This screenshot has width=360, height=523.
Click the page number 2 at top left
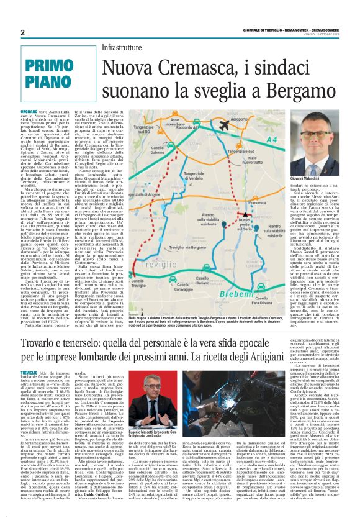click(x=22, y=32)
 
